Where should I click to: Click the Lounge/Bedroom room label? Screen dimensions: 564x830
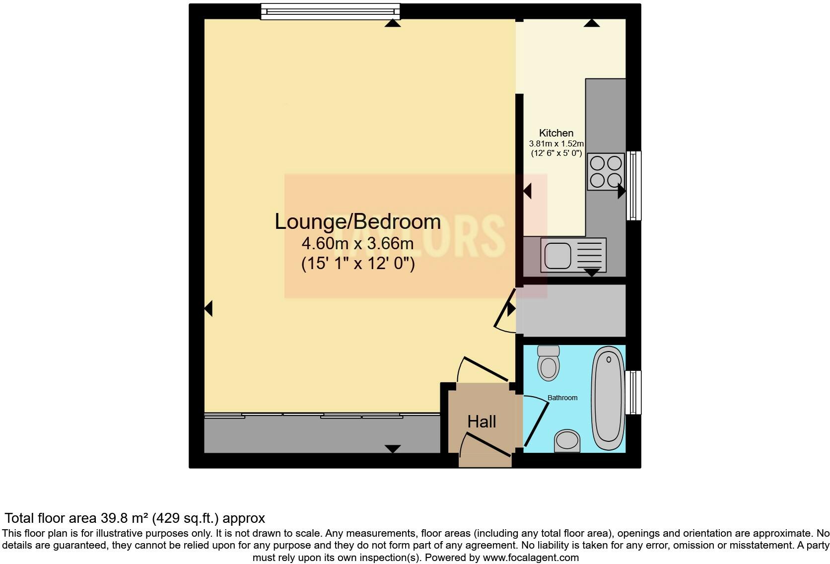(x=357, y=221)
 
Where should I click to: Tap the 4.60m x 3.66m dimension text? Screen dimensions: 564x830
(x=357, y=244)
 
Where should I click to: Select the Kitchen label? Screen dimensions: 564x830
(x=556, y=133)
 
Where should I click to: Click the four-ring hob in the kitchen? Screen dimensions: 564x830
(x=606, y=171)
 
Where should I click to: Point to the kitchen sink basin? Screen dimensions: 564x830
(x=558, y=255)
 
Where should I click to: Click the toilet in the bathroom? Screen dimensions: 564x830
(x=549, y=363)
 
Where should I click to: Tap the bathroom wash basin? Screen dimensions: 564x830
(x=567, y=440)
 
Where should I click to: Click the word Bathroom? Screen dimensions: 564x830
(x=562, y=398)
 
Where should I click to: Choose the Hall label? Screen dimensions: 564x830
(x=482, y=422)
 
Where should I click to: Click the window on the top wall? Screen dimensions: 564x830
(x=330, y=11)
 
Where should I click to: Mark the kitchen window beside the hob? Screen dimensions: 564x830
(x=633, y=185)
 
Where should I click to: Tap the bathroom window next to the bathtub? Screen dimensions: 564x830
(x=633, y=392)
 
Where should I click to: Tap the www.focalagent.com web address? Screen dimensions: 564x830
(x=530, y=558)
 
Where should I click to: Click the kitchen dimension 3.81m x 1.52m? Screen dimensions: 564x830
(x=556, y=143)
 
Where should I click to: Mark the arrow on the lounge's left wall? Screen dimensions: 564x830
(x=208, y=308)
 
